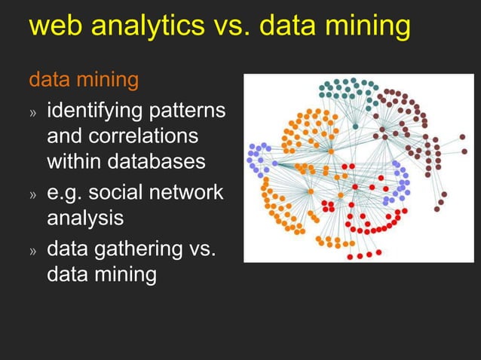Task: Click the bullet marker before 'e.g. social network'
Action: (x=32, y=194)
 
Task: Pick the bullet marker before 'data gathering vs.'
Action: (x=32, y=250)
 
